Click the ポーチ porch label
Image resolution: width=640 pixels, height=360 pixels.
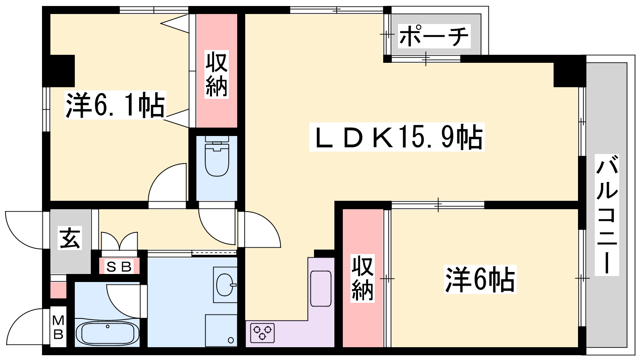(x=434, y=36)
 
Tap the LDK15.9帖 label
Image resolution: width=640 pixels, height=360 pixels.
(x=397, y=137)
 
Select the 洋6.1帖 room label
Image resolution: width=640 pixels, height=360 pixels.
(x=116, y=105)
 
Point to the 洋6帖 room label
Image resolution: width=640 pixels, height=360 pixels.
(x=480, y=279)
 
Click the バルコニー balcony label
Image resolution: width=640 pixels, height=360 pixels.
(x=606, y=214)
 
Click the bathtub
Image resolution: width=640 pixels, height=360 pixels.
(x=108, y=333)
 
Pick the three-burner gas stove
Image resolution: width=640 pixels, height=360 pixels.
(x=262, y=333)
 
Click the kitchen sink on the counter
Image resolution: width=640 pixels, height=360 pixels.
(x=320, y=288)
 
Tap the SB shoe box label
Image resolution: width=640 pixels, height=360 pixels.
(x=119, y=267)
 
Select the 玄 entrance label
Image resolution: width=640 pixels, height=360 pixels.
(x=70, y=238)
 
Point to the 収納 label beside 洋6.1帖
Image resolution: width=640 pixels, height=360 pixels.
(x=216, y=74)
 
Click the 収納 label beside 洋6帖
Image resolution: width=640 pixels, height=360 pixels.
(x=362, y=278)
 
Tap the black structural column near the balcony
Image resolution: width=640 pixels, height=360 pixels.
(x=570, y=71)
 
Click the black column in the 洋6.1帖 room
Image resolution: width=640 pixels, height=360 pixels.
(x=58, y=71)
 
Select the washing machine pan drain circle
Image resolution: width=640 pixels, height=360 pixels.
(x=231, y=340)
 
